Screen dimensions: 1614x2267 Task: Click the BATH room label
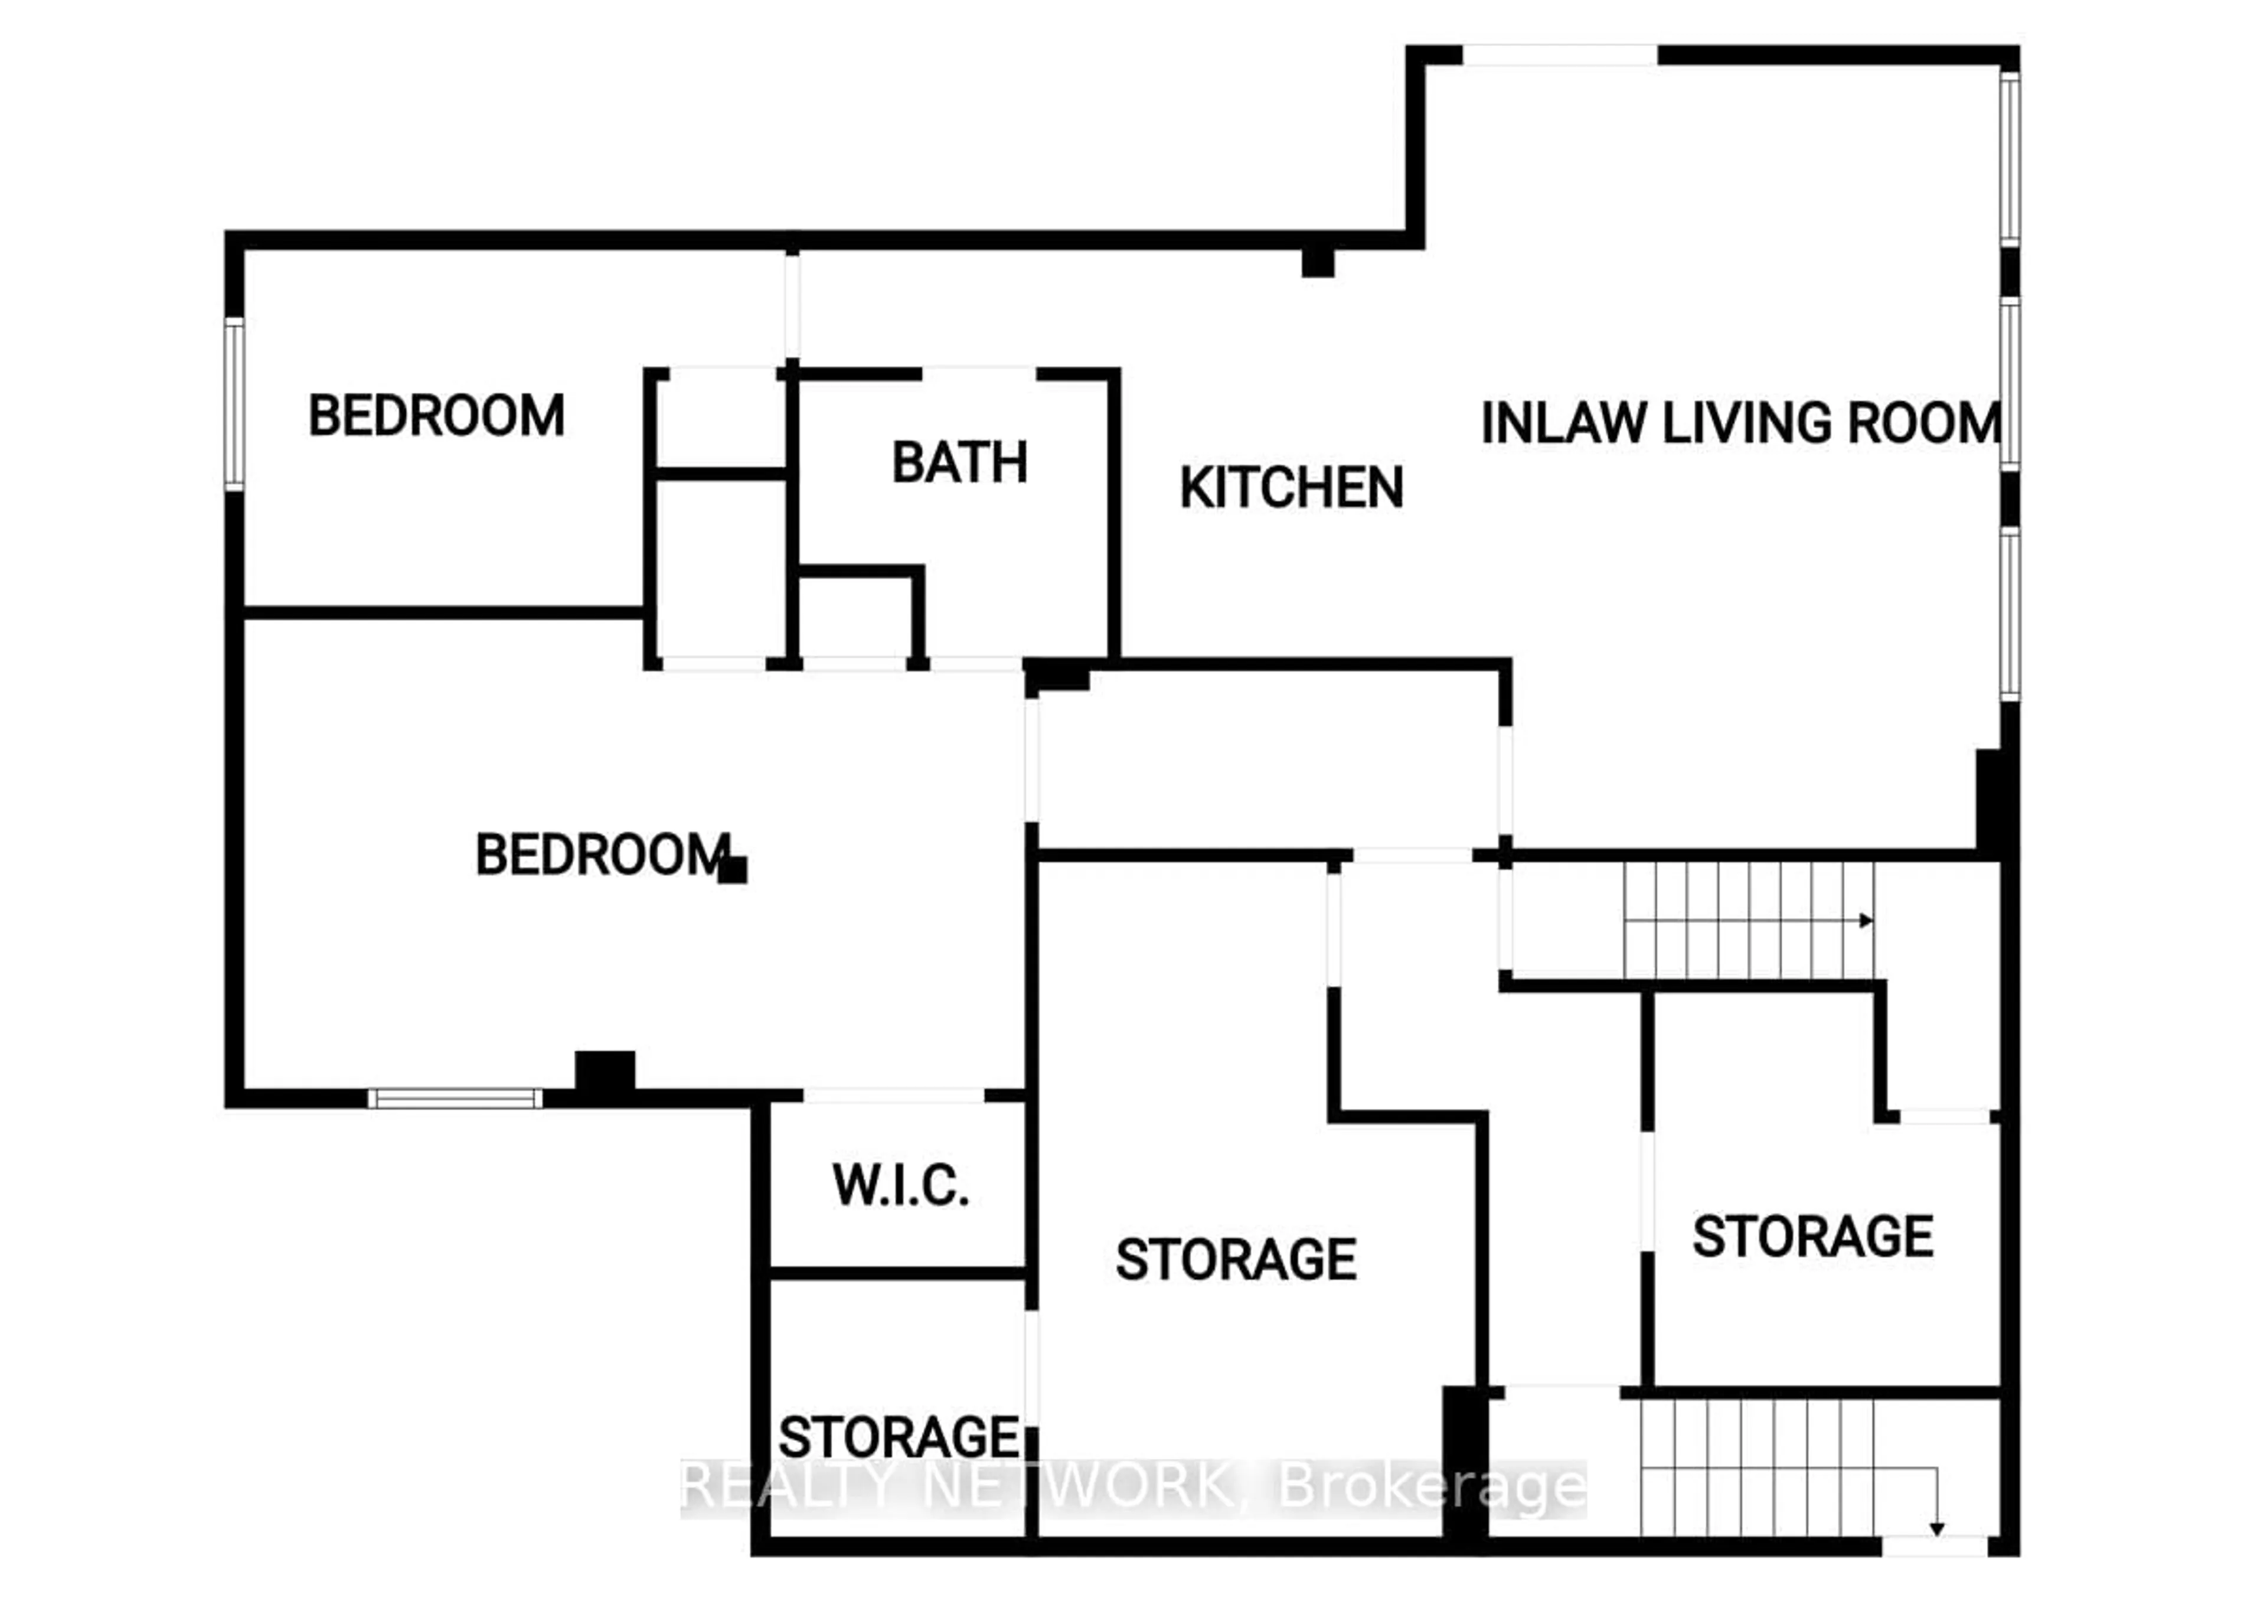(959, 463)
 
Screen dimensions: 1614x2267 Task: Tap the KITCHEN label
(1291, 488)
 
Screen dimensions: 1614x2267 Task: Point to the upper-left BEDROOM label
(436, 415)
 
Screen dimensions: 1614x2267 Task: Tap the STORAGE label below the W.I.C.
(899, 1437)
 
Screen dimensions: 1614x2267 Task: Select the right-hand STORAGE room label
(1812, 1237)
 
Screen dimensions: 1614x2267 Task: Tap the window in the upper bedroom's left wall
(234, 403)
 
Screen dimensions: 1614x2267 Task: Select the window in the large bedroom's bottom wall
(455, 1098)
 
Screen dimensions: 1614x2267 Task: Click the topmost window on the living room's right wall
(2008, 159)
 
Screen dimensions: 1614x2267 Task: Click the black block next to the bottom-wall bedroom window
(605, 1074)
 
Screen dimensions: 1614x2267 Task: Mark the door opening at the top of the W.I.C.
(893, 1095)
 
